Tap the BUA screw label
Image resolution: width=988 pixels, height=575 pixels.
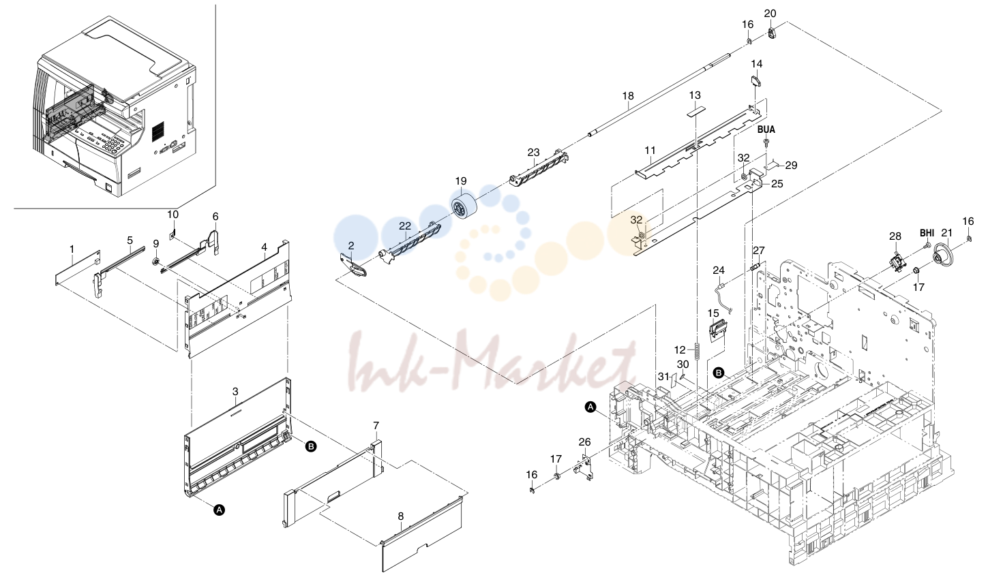pyautogui.click(x=766, y=130)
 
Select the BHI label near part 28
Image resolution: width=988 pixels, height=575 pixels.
pyautogui.click(x=927, y=232)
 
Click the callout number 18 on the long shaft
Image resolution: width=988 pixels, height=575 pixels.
pyautogui.click(x=628, y=95)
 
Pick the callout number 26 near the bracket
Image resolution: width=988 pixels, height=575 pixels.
pyautogui.click(x=584, y=442)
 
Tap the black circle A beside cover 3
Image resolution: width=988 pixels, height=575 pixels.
pyautogui.click(x=219, y=510)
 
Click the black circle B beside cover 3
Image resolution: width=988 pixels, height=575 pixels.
pyautogui.click(x=311, y=446)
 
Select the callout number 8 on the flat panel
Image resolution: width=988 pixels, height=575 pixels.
pyautogui.click(x=400, y=516)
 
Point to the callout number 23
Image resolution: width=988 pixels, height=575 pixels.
pyautogui.click(x=533, y=153)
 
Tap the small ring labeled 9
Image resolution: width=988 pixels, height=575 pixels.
pyautogui.click(x=155, y=262)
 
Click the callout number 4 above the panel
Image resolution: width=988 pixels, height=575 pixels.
pyautogui.click(x=264, y=247)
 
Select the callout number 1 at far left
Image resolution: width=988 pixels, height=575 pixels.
pyautogui.click(x=72, y=250)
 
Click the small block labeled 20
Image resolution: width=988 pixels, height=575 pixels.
pyautogui.click(x=772, y=33)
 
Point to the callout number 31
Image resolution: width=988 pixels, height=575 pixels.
pyautogui.click(x=663, y=377)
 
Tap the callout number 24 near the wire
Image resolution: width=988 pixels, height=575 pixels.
pyautogui.click(x=719, y=270)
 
